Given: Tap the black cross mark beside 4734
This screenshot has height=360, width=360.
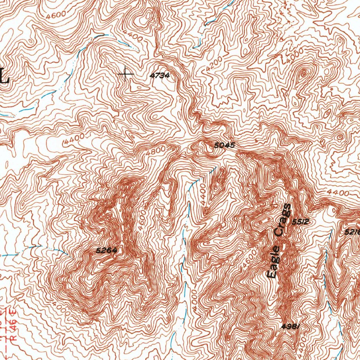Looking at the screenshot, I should [x=126, y=74].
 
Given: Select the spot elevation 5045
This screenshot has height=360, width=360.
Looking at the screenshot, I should [x=224, y=145].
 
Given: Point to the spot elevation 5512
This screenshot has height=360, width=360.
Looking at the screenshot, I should [x=300, y=222].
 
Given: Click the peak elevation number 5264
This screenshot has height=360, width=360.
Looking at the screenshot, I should [x=106, y=251].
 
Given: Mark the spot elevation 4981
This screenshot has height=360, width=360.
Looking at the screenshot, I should [x=290, y=326].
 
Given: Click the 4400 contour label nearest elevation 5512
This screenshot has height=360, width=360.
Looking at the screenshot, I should [x=337, y=193].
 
